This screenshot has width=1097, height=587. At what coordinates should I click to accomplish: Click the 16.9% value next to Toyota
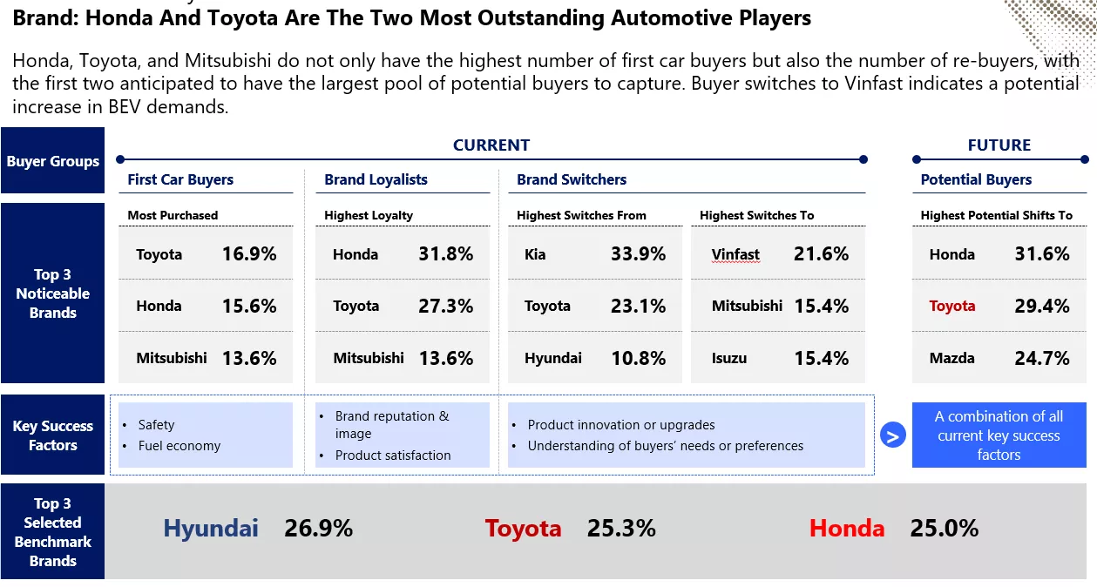[x=249, y=254]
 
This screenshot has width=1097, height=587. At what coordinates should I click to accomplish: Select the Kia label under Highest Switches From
[x=535, y=254]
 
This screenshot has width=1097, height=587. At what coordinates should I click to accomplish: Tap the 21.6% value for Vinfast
[x=821, y=254]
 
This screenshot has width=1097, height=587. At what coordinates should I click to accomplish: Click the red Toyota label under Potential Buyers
[x=952, y=306]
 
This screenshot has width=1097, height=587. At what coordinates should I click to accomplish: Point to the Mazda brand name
[x=951, y=358]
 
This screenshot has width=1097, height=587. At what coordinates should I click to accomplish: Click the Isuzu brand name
[x=729, y=358]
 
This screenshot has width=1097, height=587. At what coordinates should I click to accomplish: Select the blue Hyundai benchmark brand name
[x=211, y=529]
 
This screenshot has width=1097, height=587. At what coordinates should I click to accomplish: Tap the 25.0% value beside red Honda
[x=945, y=528]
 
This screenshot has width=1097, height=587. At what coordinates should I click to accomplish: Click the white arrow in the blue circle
[x=893, y=435]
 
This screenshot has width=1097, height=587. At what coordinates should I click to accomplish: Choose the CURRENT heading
[x=491, y=145]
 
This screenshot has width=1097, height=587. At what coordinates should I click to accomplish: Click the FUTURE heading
[x=999, y=145]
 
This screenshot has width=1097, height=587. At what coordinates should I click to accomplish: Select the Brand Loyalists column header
[x=376, y=179]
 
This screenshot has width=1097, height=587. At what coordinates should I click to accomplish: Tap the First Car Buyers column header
[x=180, y=179]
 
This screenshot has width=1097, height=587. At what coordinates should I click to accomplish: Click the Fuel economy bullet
[x=179, y=446]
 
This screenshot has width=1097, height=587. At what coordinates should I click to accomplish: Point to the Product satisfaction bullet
[x=393, y=455]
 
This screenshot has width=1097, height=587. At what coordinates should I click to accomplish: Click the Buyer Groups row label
[x=53, y=161]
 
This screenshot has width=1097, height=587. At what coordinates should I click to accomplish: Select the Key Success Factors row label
[x=53, y=435]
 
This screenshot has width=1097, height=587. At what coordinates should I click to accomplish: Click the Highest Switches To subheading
[x=756, y=215]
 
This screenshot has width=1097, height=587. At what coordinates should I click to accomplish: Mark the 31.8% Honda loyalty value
[x=446, y=254]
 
